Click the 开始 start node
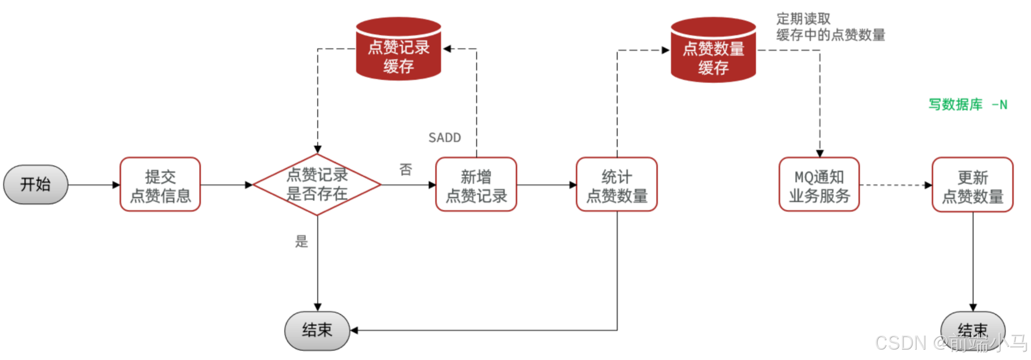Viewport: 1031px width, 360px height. [36, 184]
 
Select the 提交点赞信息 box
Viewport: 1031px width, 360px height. [160, 185]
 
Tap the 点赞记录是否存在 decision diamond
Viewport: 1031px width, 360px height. [317, 184]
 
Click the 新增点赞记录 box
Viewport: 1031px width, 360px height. [476, 185]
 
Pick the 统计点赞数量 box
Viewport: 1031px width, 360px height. [617, 185]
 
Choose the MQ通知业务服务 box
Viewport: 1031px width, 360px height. [819, 185]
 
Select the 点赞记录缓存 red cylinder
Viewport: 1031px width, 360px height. [398, 49]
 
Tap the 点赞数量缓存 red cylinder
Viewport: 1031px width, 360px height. [713, 50]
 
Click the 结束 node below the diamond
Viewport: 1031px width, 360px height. [317, 330]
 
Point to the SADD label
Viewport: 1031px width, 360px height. [445, 138]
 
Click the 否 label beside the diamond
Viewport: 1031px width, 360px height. [406, 169]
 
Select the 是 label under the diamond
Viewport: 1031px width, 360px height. [301, 242]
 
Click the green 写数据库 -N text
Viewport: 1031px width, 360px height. [968, 104]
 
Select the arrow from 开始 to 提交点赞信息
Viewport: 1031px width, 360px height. [94, 185]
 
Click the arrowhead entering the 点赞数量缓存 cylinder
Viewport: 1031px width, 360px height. [665, 50]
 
